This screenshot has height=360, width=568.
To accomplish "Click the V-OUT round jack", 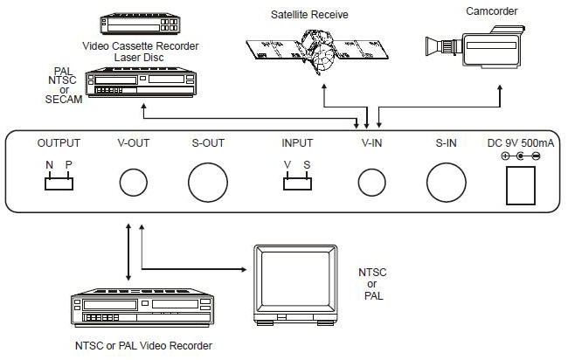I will point(134,183).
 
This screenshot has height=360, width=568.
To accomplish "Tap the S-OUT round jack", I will point(207,183).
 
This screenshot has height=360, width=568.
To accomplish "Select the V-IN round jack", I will point(371,183).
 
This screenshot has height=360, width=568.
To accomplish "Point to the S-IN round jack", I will point(446,183).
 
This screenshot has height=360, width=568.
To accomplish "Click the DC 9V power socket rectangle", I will point(521,184).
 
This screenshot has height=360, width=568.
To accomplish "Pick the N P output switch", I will point(58,182).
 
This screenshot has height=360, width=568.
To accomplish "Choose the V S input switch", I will point(296,182).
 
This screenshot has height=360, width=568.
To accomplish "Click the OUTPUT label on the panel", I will point(59,143).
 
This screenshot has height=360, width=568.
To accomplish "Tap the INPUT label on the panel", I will point(297,143).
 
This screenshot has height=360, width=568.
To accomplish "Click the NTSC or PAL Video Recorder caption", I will point(142,346).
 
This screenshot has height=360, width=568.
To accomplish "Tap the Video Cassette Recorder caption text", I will point(140,45).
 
